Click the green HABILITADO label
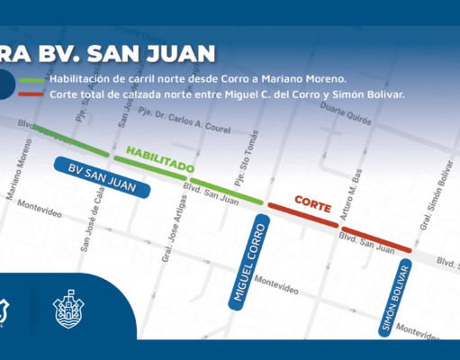[159, 159]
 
